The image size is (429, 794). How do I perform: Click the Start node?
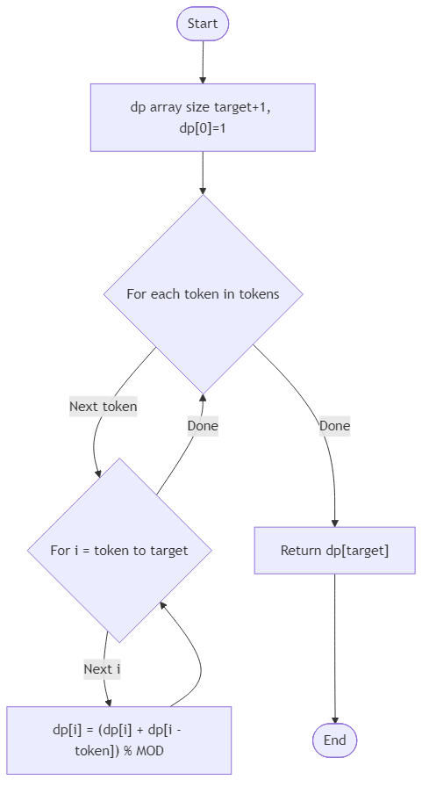(x=203, y=25)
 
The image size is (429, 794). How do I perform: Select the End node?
(x=334, y=740)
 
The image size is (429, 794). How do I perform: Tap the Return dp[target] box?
(x=334, y=551)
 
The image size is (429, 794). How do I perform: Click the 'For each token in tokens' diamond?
(x=203, y=294)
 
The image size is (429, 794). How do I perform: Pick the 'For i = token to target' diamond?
(x=119, y=551)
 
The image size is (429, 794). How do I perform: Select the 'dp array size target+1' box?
(x=203, y=118)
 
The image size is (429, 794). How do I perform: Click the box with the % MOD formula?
(x=119, y=740)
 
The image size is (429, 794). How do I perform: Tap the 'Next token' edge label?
(x=103, y=407)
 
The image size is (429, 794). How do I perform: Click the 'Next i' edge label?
(x=102, y=669)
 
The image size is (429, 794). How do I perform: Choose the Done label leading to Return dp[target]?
(x=334, y=426)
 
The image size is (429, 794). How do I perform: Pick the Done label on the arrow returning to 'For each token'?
(x=202, y=426)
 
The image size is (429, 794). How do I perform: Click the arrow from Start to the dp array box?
(x=203, y=61)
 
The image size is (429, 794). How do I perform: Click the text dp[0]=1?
(x=203, y=128)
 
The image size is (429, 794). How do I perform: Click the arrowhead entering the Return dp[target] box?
(x=334, y=523)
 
